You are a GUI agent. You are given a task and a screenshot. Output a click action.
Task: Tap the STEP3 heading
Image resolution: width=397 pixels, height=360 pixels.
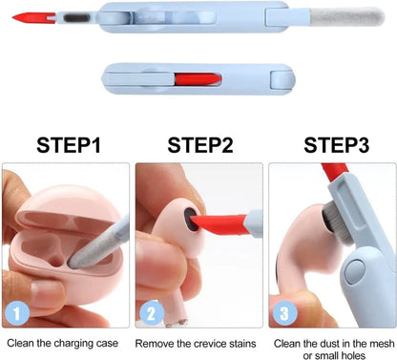pos(333,145)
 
